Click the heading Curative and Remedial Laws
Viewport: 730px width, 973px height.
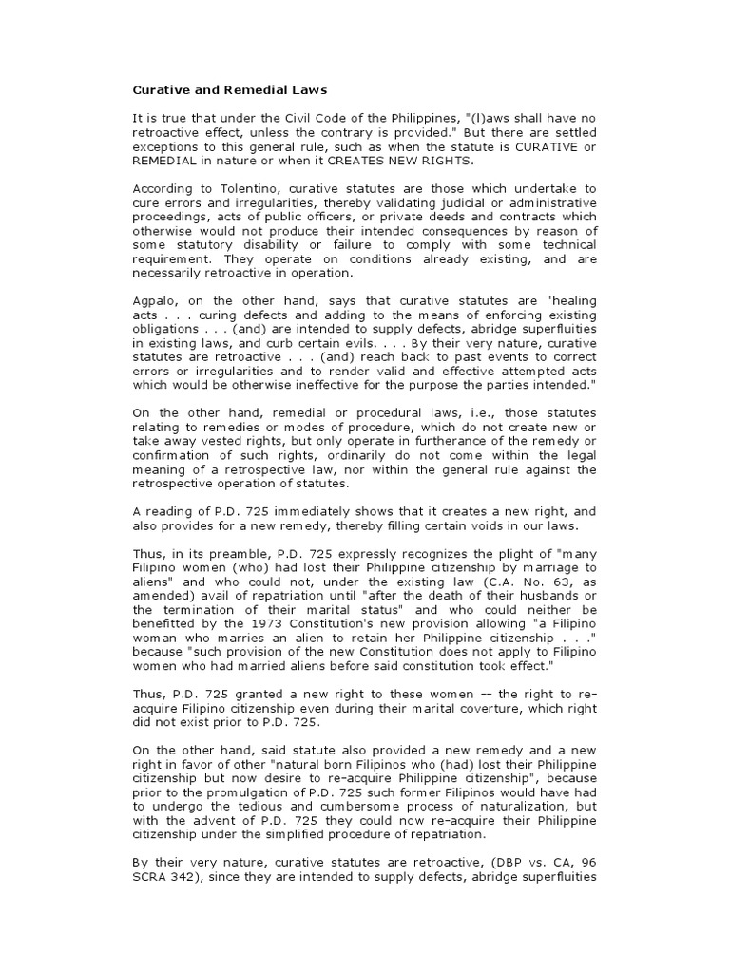coord(229,90)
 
